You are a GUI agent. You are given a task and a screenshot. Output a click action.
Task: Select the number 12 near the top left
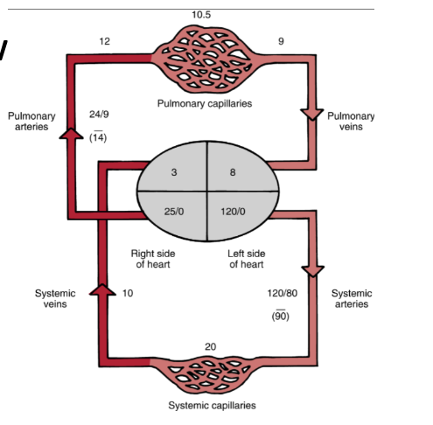105,41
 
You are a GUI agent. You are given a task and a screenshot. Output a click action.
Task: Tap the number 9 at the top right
281,41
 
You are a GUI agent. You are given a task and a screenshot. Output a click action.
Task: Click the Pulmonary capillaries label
204,103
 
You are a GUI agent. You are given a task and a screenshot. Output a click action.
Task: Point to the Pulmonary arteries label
31,122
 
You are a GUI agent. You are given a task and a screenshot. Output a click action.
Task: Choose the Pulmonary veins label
351,122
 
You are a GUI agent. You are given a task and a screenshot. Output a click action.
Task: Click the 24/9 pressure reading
100,115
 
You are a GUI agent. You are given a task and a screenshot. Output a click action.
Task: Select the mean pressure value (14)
99,138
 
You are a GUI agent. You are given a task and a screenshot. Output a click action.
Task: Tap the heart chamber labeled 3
174,172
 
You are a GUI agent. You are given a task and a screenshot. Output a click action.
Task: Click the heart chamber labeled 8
233,172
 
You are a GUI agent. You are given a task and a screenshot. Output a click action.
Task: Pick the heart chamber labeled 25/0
174,211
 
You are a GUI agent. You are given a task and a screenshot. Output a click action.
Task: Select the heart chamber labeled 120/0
234,211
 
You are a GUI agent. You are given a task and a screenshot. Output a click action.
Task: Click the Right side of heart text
154,259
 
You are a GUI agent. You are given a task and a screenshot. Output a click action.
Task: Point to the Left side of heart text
246,259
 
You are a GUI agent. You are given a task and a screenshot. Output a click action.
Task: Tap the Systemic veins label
55,298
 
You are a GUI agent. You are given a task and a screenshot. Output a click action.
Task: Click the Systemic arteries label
352,298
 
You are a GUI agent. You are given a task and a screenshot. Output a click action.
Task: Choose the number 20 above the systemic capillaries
210,347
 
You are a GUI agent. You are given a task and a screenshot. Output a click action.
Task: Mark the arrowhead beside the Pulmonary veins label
311,115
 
